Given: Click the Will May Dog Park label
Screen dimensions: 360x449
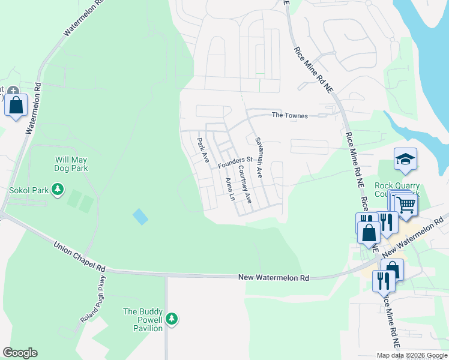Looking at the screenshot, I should coord(71,164).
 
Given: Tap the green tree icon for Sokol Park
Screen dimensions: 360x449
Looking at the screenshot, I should coord(58,190).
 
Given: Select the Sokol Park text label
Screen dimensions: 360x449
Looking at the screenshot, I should coord(28,190).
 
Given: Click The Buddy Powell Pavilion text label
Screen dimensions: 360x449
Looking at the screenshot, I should coord(143,320).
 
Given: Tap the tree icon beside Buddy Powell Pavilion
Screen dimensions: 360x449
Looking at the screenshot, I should coord(172,319).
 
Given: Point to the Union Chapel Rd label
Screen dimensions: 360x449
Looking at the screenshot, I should coord(79,256).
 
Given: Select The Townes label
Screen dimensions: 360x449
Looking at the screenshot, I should coord(289,115).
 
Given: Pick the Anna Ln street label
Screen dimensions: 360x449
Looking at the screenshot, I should coord(229,188).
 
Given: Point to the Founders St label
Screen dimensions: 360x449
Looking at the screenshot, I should coord(235,163).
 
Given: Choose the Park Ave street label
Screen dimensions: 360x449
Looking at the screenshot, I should coord(203,151).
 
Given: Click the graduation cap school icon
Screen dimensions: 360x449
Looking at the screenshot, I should coord(405,159).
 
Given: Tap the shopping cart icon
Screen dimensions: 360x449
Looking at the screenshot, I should coord(406,205).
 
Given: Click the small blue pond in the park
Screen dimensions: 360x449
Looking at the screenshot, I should coord(140,217).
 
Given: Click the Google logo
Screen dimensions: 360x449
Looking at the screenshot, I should coord(20,353).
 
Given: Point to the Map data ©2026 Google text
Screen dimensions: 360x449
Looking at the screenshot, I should coord(411,355).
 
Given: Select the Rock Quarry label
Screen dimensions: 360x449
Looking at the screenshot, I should coord(397,186).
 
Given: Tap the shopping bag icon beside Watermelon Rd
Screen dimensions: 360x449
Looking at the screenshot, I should coord(16,106).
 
